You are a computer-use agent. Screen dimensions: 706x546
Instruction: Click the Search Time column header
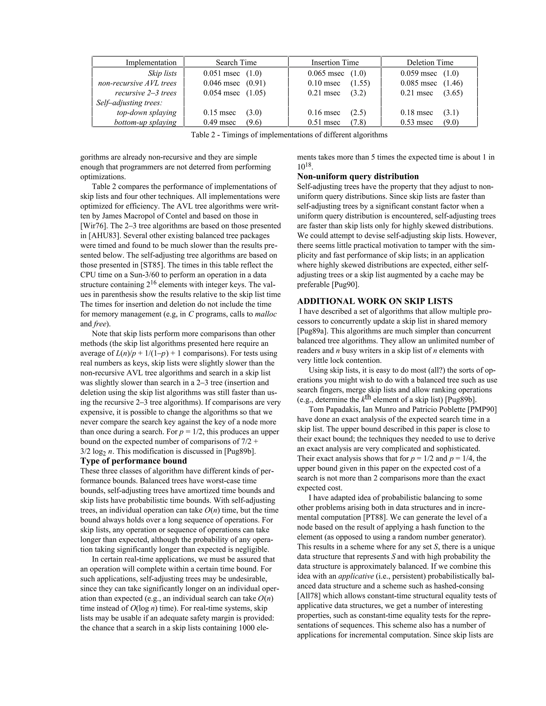coord(236,62)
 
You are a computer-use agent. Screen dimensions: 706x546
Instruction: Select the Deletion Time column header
coord(429,62)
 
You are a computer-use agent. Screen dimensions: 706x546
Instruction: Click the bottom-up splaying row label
coord(145,122)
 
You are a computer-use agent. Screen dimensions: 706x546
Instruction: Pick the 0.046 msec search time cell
coord(221,83)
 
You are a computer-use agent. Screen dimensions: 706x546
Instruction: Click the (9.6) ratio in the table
coord(254,122)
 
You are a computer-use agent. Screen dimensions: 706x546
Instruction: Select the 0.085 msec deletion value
coord(419,83)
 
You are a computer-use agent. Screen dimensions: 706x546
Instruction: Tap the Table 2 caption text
coord(289,135)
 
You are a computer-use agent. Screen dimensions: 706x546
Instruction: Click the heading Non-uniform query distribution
coord(358,176)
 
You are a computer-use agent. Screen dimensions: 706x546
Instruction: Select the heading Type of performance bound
coord(134,461)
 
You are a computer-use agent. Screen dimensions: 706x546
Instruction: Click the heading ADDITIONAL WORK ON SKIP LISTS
coord(375,301)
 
